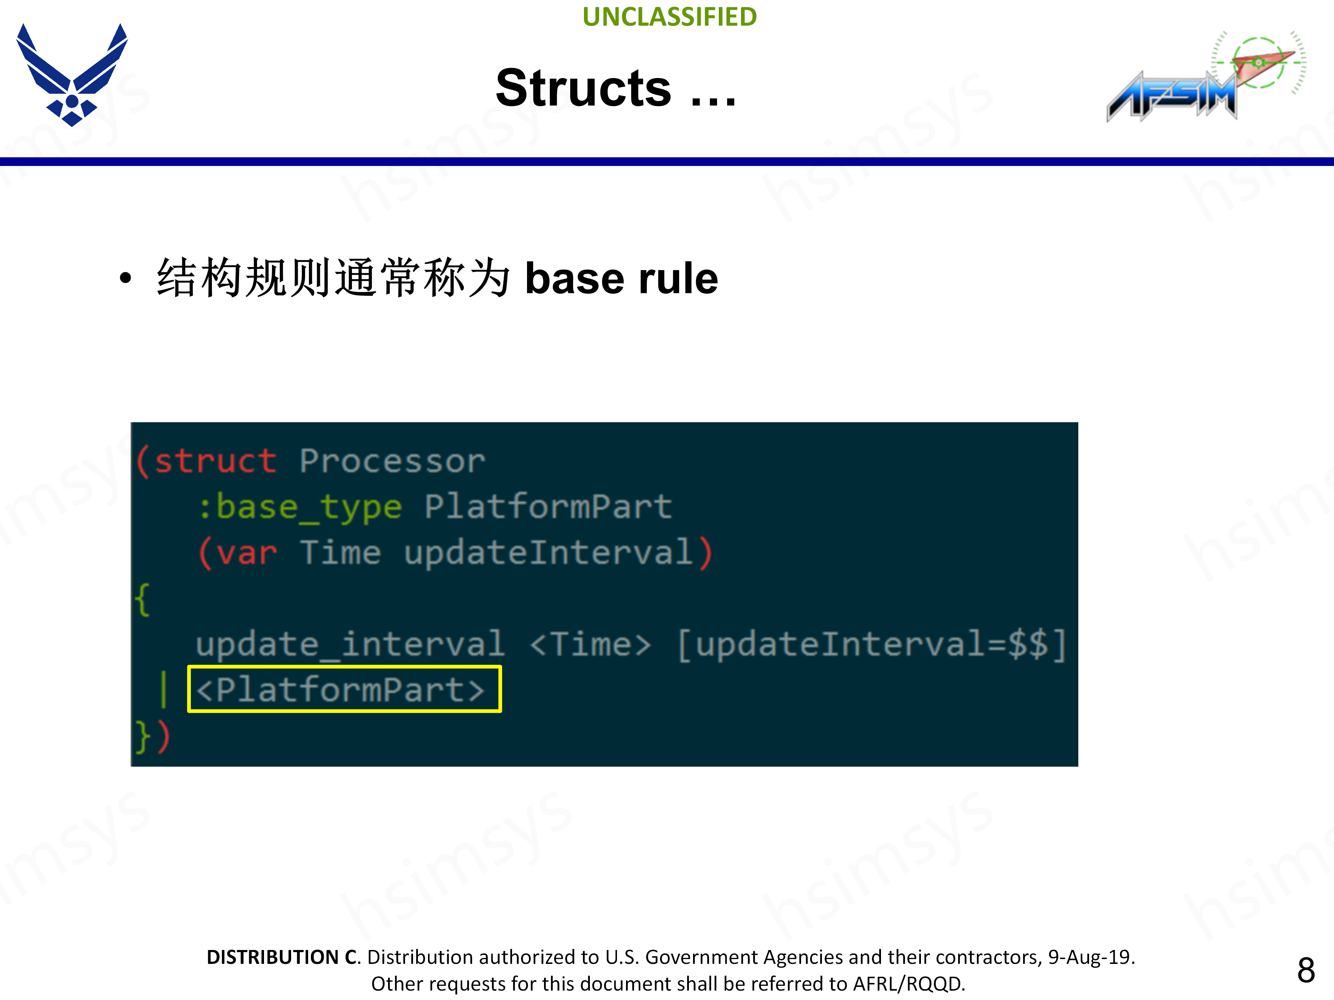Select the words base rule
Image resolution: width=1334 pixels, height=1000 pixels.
(621, 278)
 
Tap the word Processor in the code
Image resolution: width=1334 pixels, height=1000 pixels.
(392, 461)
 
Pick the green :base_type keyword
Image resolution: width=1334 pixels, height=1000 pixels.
(300, 506)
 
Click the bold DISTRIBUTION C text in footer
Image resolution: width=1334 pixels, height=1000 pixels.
(282, 957)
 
